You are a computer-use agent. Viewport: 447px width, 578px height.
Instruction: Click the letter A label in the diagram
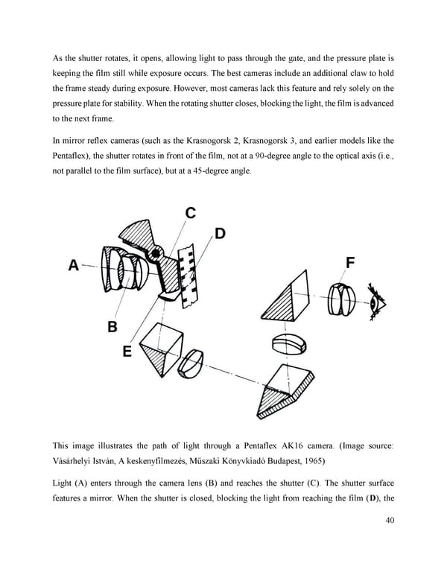(x=74, y=264)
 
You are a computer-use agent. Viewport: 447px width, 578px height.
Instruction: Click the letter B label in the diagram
(x=112, y=325)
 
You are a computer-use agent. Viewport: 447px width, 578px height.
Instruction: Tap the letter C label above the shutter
(x=190, y=213)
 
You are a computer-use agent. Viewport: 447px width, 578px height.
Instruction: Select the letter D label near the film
(x=220, y=233)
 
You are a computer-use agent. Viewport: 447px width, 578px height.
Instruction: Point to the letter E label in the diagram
(x=127, y=351)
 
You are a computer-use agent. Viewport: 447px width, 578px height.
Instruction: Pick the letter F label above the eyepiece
(x=351, y=262)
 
